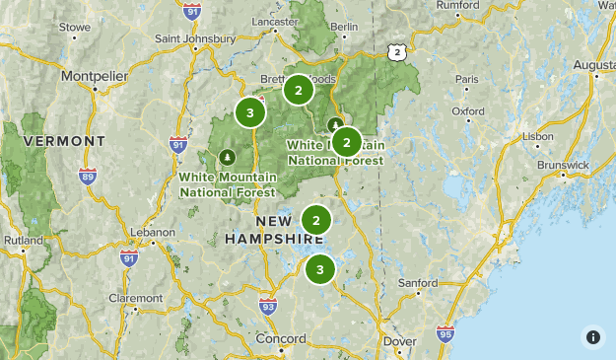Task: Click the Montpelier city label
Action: coord(96,76)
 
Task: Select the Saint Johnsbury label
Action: coord(195,39)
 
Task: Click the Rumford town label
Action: coord(457,5)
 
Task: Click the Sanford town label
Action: coord(417,283)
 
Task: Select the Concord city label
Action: coord(281,339)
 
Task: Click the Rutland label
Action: coord(22,239)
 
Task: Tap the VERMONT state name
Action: coord(64,141)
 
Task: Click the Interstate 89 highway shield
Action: coord(88,177)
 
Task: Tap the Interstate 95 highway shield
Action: coord(445,333)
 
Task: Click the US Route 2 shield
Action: coord(396,51)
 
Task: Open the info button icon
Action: coord(593,337)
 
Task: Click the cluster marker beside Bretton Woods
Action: coord(298,91)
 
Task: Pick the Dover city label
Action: coord(399,341)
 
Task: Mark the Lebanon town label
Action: coord(154,232)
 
